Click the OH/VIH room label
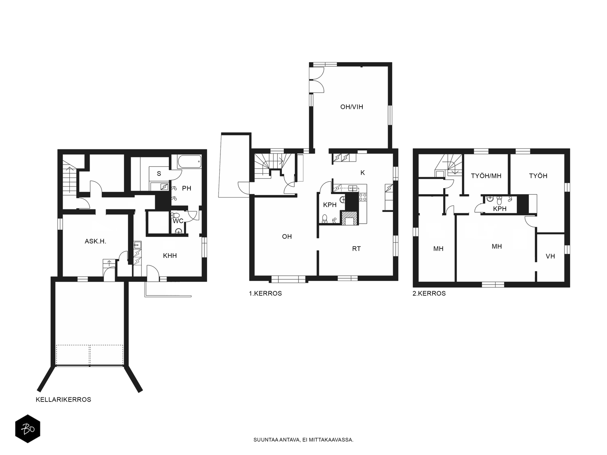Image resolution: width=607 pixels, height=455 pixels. point(351,107)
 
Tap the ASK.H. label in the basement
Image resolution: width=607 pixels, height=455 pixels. point(95,242)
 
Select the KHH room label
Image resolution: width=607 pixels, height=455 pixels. point(170,256)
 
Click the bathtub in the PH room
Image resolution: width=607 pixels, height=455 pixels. point(190,162)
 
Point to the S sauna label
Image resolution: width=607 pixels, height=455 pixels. point(159,174)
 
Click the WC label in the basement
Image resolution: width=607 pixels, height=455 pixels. point(178,221)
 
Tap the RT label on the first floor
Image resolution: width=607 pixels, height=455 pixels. point(357,249)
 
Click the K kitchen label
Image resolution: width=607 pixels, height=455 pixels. point(363,173)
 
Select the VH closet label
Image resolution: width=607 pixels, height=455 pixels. point(550,256)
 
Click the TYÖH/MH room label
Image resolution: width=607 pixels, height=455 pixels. point(486,176)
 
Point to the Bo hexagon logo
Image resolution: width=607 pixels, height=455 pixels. point(28,429)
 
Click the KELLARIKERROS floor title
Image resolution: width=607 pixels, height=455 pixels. point(63,400)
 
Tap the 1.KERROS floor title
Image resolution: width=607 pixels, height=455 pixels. point(265,293)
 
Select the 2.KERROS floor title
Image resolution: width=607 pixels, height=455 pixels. point(429,293)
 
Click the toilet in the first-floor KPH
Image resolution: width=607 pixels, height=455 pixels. point(325,218)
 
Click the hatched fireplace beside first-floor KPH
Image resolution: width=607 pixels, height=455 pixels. point(350,218)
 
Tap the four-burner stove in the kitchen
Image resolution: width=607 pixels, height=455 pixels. point(363,197)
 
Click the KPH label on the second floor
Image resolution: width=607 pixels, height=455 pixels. point(500,209)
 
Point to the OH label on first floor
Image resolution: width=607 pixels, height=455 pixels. point(287,237)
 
